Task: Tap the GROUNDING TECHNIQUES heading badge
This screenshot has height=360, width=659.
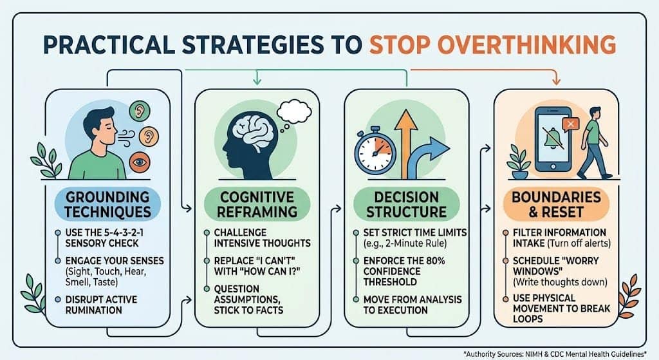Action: pyautogui.click(x=107, y=204)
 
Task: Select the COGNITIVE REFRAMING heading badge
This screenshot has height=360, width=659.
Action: pyautogui.click(x=257, y=204)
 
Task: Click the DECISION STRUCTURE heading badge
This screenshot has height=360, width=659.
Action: pyautogui.click(x=407, y=204)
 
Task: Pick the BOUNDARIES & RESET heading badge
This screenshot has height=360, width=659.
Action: pyautogui.click(x=556, y=204)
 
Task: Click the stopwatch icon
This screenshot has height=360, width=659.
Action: pyautogui.click(x=375, y=151)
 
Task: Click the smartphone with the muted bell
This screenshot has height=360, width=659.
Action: pyautogui.click(x=553, y=139)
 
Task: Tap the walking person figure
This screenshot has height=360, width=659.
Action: pyautogui.click(x=593, y=143)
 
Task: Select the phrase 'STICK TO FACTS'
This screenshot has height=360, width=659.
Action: pyautogui.click(x=248, y=310)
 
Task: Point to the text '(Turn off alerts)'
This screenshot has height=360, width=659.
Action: pyautogui.click(x=579, y=243)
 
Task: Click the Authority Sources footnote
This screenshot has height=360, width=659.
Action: pyautogui.click(x=555, y=354)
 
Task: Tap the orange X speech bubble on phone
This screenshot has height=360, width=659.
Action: pyautogui.click(x=570, y=124)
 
